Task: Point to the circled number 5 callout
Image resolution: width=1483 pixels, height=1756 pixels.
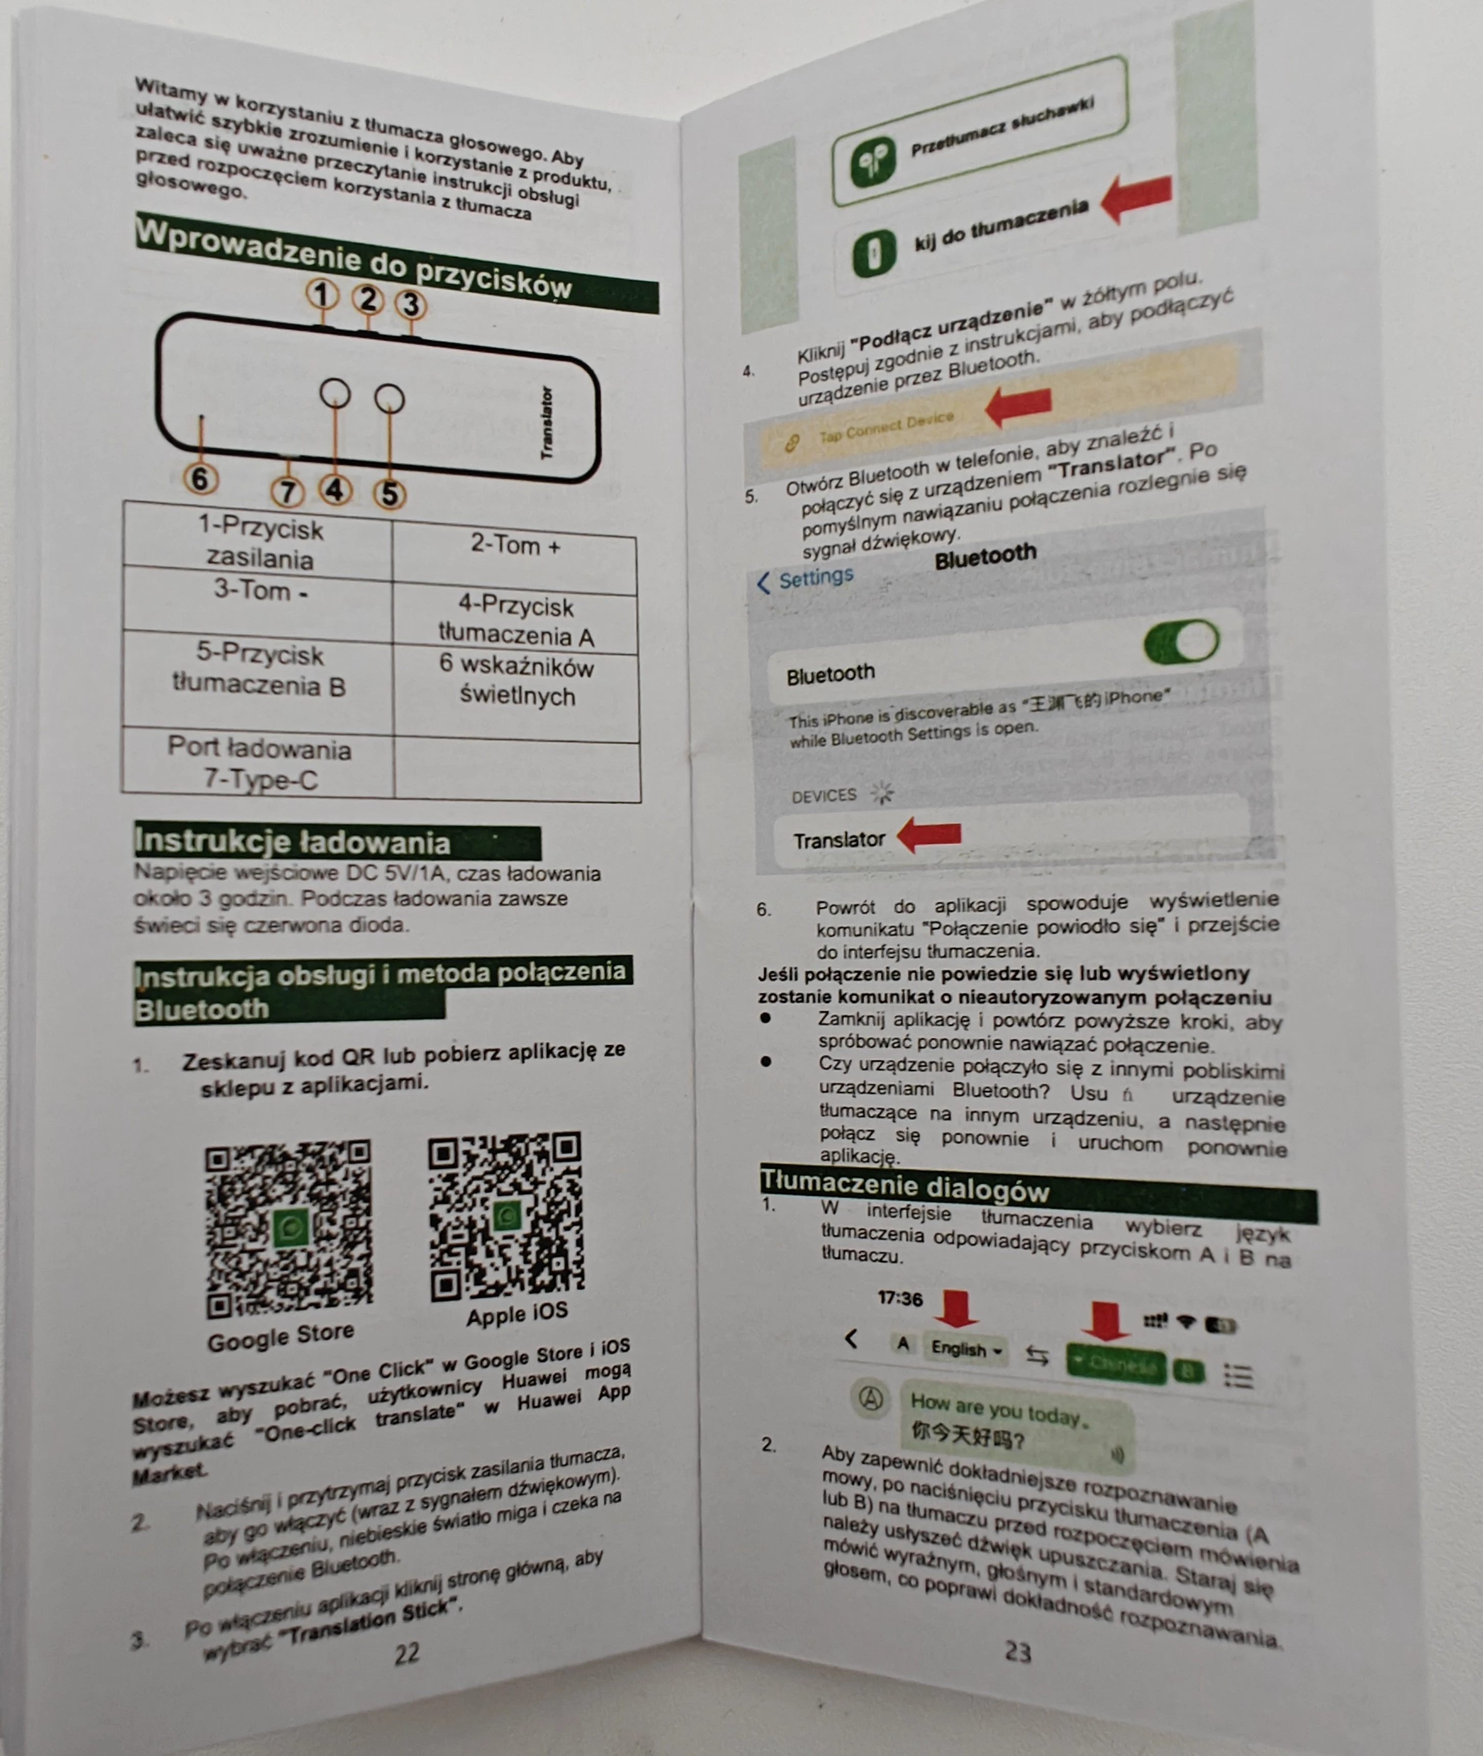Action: pyautogui.click(x=389, y=494)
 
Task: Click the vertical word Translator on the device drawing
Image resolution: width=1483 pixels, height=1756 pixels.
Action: pyautogui.click(x=547, y=423)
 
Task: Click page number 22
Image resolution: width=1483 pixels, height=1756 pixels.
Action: pyautogui.click(x=407, y=1652)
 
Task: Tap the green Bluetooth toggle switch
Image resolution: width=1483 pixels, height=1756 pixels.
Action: pyautogui.click(x=1181, y=642)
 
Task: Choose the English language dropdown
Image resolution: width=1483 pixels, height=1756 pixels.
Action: pyautogui.click(x=965, y=1348)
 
